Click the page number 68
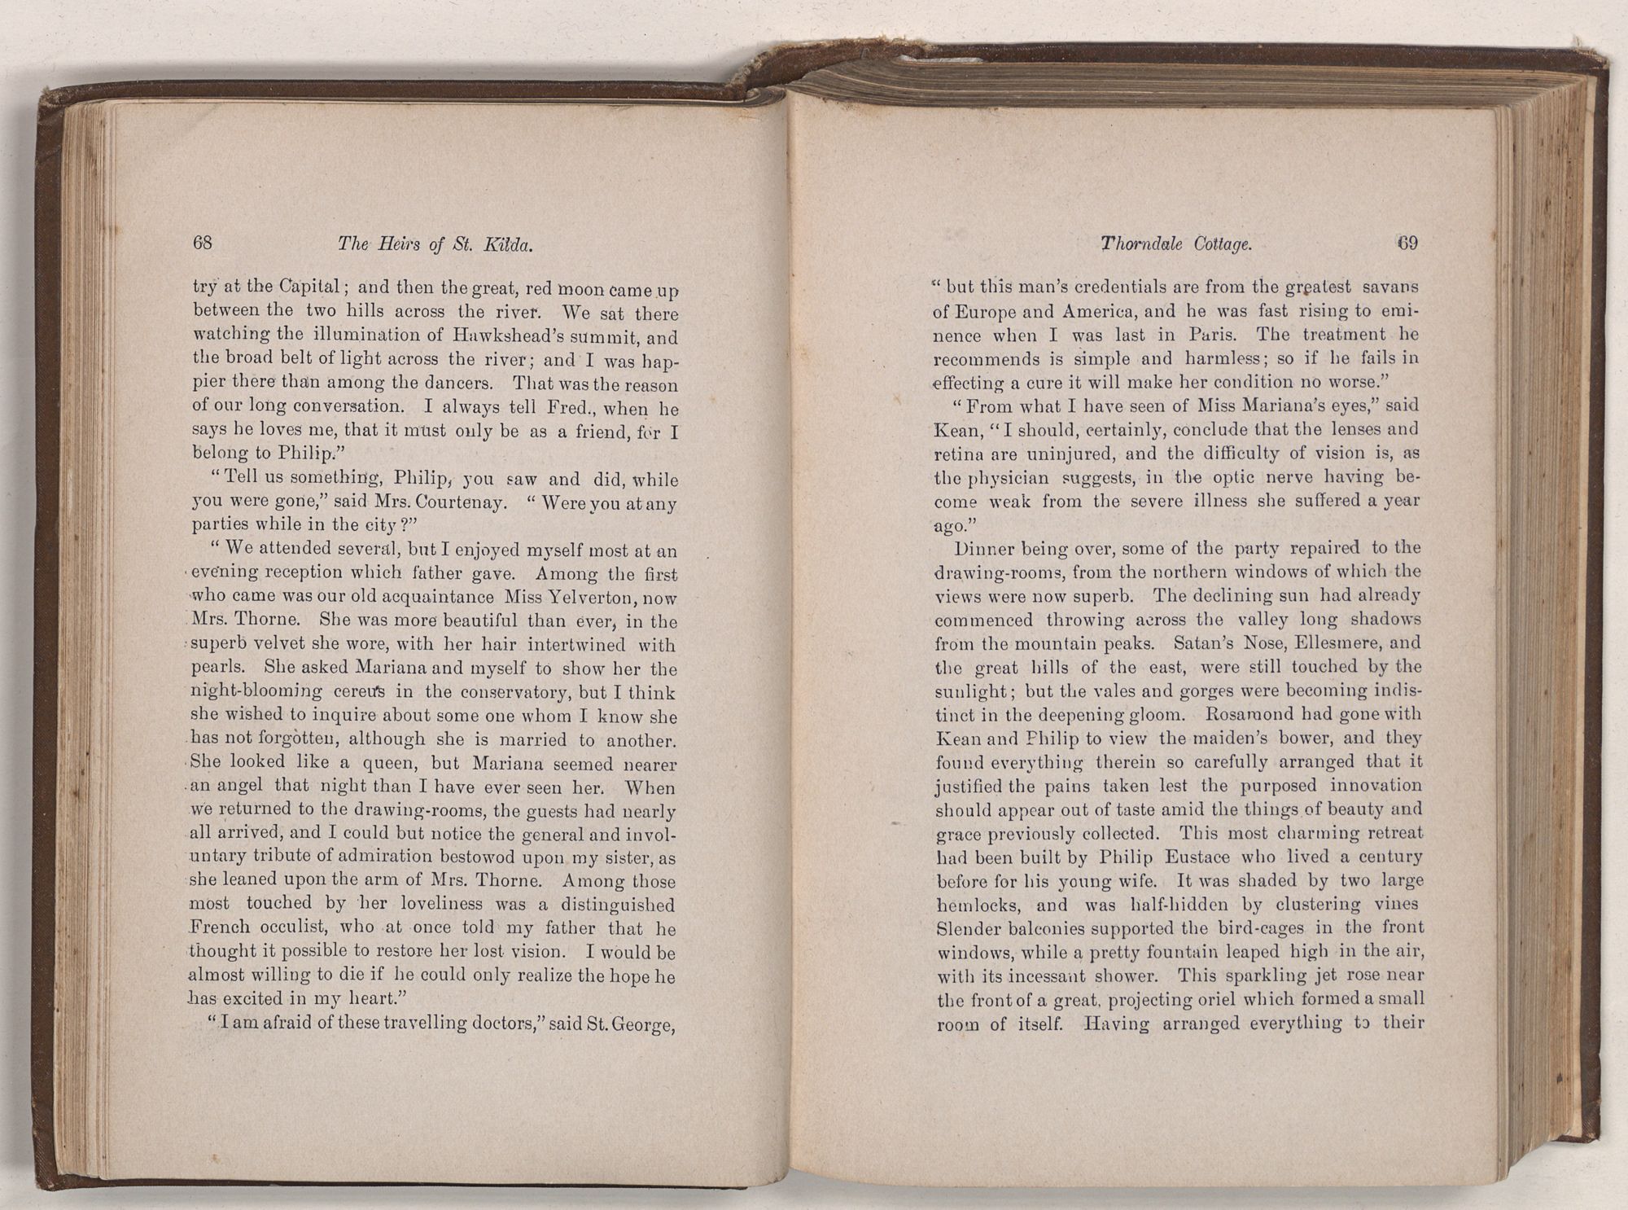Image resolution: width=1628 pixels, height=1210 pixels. tap(203, 243)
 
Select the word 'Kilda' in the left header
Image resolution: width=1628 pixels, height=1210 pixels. tap(509, 243)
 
